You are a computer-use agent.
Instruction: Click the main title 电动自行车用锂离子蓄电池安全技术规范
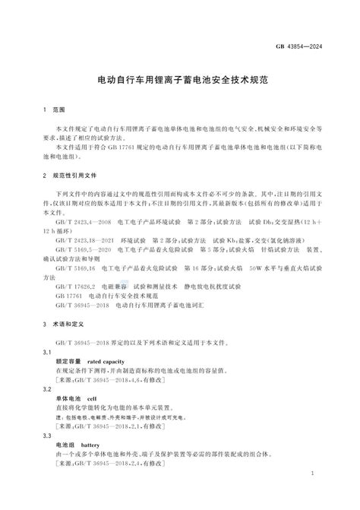179,78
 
